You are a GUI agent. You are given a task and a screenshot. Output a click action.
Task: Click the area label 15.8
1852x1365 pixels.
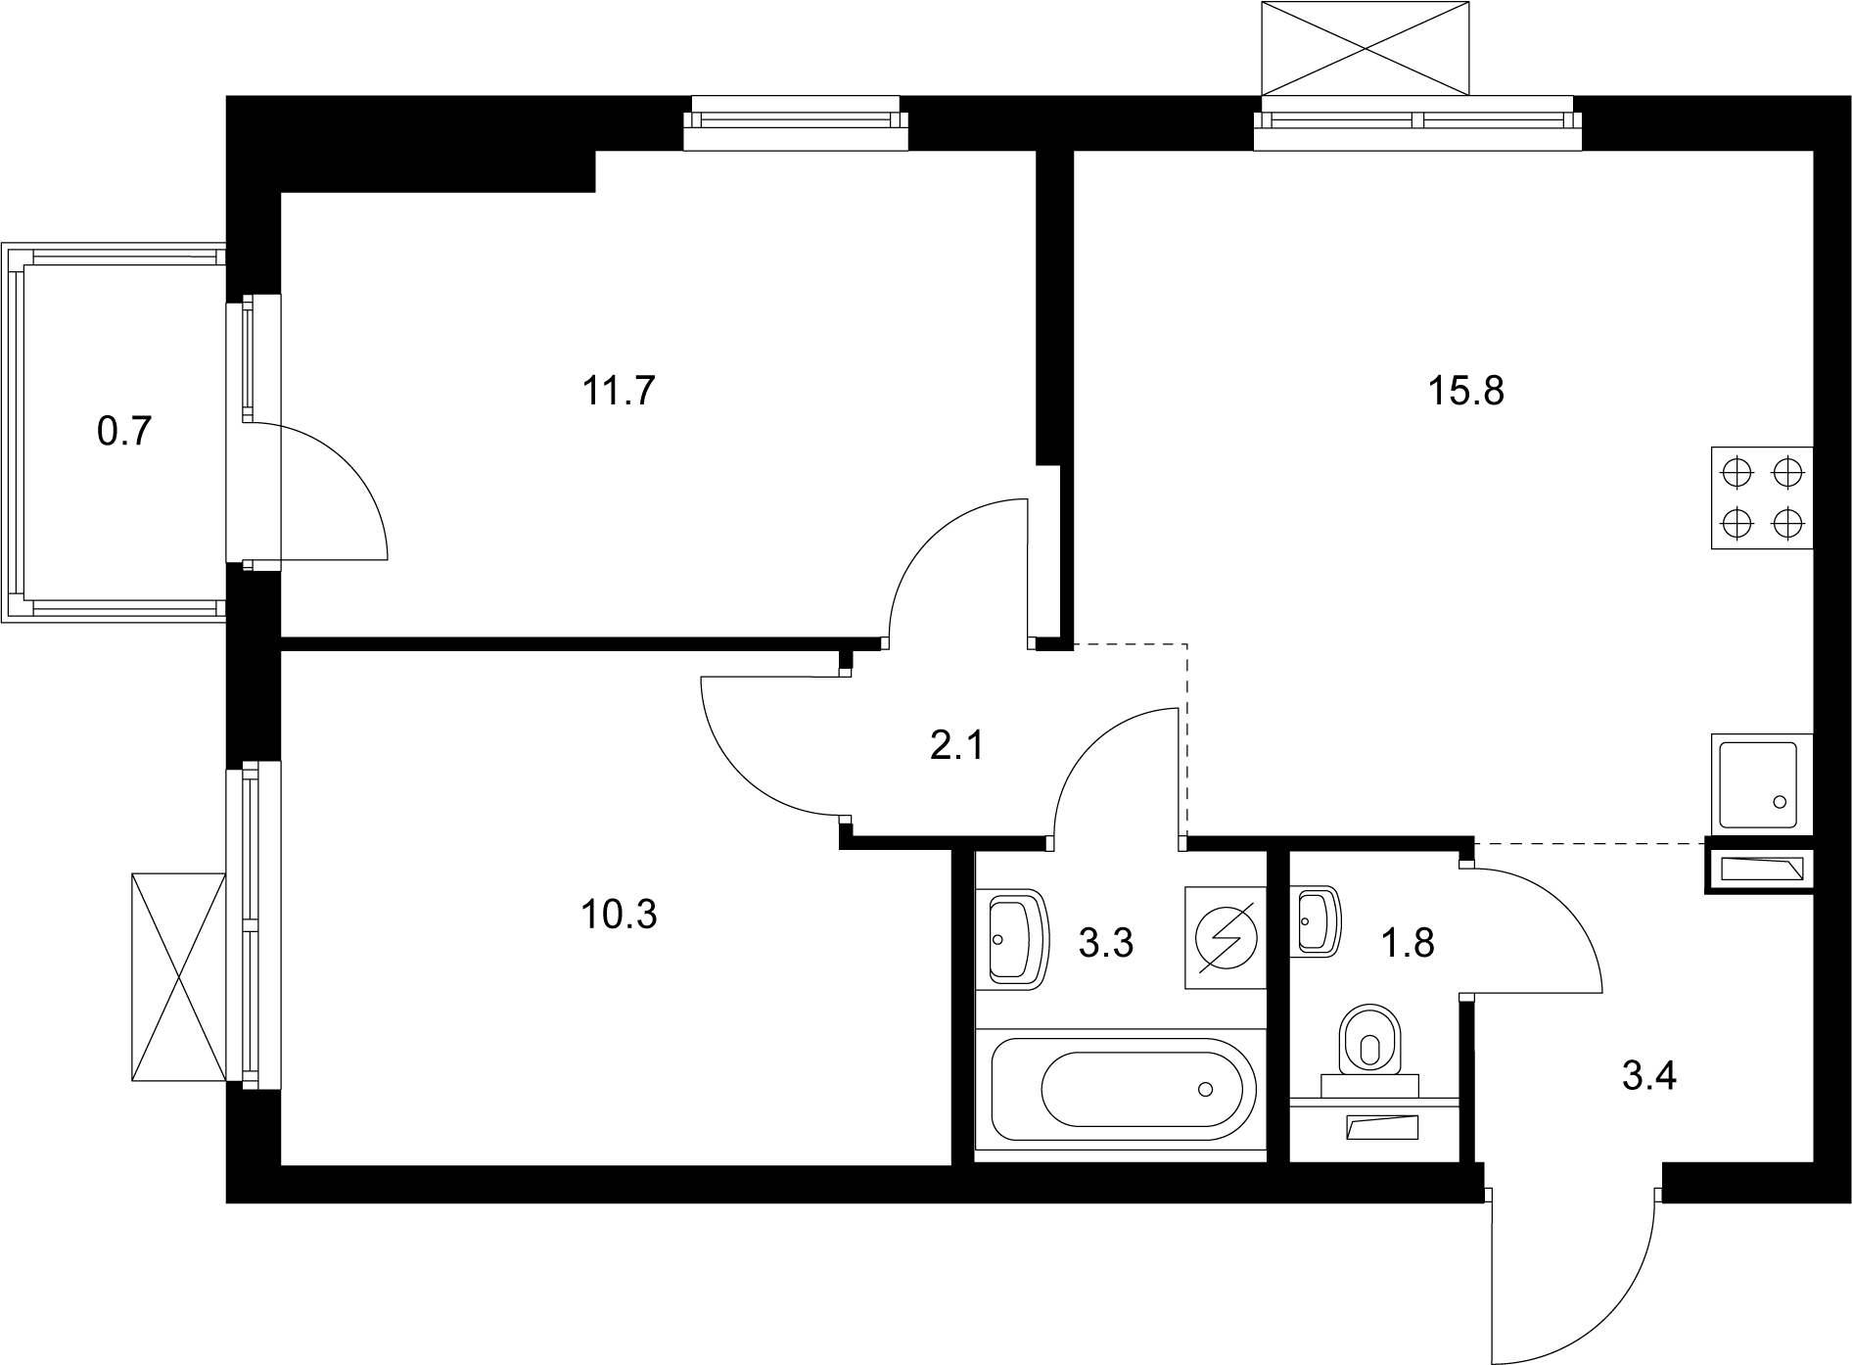coord(1465,392)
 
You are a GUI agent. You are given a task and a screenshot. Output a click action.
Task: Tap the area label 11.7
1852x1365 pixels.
coord(618,392)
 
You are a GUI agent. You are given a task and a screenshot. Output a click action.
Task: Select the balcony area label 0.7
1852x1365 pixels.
coord(124,431)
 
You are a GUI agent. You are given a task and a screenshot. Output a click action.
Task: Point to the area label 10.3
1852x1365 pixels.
coord(618,915)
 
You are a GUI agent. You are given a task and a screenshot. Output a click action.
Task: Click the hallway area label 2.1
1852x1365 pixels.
coord(956,747)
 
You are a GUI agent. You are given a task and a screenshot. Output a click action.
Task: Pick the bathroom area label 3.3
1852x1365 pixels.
coord(1105,944)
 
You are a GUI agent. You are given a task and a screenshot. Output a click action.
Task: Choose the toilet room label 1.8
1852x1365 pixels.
coord(1408,944)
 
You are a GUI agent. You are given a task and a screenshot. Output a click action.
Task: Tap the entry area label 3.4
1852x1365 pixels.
coord(1649,1076)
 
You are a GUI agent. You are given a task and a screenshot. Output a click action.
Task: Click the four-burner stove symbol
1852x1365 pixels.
coord(1762,498)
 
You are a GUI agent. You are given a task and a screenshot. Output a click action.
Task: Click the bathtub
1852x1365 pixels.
coord(1123,1089)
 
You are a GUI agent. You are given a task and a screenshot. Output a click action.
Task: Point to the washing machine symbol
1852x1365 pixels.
coord(1224,937)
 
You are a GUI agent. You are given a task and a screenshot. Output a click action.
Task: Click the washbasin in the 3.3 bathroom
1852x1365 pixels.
coord(1015,937)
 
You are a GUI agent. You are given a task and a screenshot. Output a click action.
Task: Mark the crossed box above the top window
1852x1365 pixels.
coord(1366,47)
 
